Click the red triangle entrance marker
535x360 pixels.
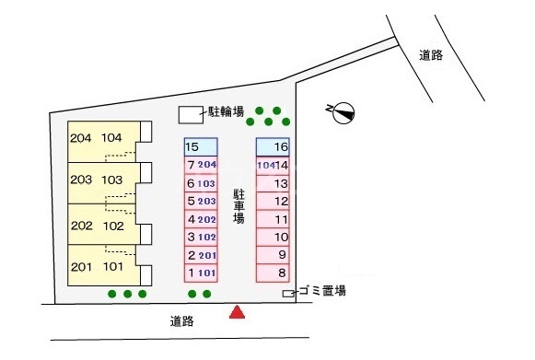(x=238, y=313)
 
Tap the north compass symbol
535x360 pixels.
(x=341, y=112)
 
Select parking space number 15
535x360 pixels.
(x=201, y=147)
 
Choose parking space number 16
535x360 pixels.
(x=273, y=147)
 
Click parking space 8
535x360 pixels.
(x=273, y=273)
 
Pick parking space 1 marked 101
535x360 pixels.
(x=201, y=273)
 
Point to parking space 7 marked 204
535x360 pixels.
(x=201, y=165)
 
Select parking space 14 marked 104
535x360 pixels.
(x=273, y=165)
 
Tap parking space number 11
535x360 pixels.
(x=273, y=219)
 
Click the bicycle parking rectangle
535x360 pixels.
(x=189, y=114)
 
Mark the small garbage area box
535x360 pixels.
(x=288, y=294)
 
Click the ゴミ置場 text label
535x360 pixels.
(x=321, y=291)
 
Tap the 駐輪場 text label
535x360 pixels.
(x=226, y=112)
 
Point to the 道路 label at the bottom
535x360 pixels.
(x=182, y=321)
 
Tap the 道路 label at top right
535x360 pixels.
(x=430, y=55)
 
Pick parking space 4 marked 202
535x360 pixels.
(x=201, y=219)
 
